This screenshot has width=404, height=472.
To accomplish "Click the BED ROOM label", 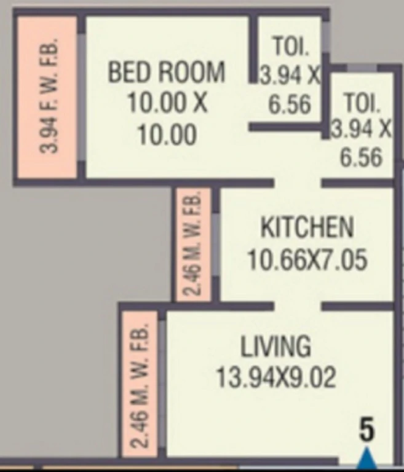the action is tap(166, 72).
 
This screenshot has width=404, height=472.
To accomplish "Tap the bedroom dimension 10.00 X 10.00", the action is tap(167, 118).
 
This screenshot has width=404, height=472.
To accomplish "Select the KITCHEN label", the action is tap(307, 227).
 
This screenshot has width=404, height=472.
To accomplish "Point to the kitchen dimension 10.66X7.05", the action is tap(307, 259).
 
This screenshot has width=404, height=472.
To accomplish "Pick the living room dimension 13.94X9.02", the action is tap(275, 377).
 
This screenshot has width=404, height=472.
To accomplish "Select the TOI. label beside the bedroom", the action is tap(291, 46).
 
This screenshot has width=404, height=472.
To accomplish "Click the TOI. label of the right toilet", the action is tap(362, 103).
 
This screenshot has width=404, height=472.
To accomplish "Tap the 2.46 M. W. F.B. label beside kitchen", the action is tap(193, 243).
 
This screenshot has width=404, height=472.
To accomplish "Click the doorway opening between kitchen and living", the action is tap(298, 307).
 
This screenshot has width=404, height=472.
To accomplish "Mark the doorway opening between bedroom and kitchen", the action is tap(298, 183).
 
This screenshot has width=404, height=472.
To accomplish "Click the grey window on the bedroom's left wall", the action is tap(81, 97).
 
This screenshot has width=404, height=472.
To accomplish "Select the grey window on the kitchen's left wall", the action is tap(216, 245).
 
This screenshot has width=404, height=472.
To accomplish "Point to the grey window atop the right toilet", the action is tap(362, 68).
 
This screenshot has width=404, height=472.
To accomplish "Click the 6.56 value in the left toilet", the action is tap(290, 104).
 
